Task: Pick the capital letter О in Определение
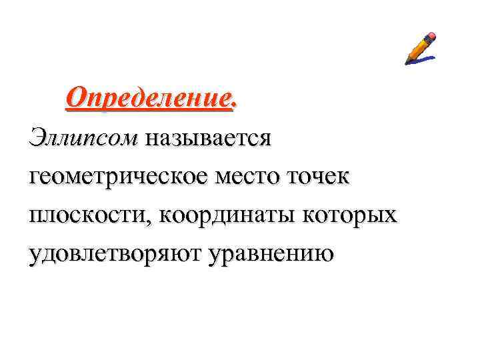(x=76, y=99)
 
